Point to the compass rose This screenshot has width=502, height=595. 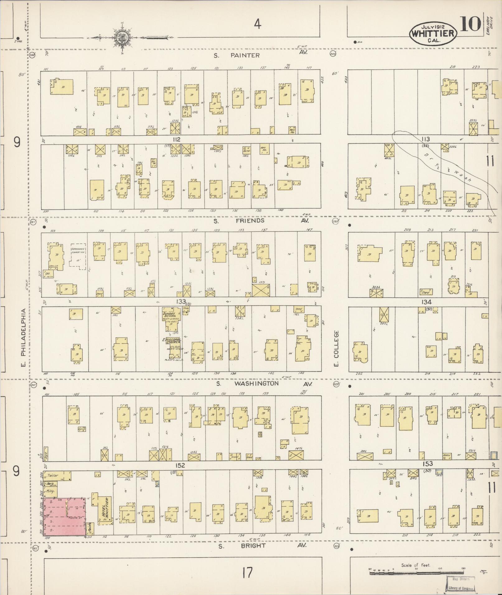121,37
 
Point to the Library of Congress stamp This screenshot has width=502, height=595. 461,584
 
